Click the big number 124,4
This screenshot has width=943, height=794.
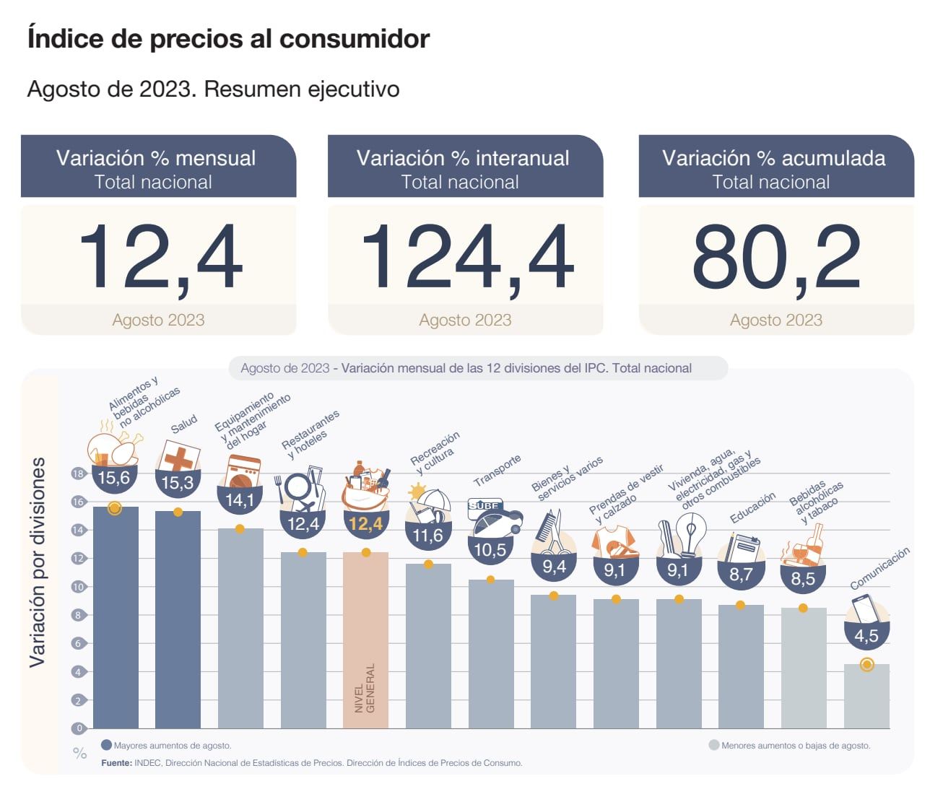click(466, 258)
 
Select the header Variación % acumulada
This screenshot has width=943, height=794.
click(773, 158)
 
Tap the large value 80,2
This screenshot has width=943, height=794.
click(776, 258)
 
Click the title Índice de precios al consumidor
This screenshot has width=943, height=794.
click(228, 38)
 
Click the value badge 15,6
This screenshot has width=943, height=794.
click(114, 478)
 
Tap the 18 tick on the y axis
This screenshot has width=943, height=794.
click(78, 474)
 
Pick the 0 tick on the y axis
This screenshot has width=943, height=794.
click(79, 728)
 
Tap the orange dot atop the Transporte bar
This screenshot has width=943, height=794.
click(490, 580)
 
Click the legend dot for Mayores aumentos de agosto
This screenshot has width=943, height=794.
click(107, 746)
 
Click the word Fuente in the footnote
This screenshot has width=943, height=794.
click(116, 763)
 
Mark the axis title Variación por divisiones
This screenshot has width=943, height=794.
click(38, 562)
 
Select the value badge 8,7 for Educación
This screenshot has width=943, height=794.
click(741, 575)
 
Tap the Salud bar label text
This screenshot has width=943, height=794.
click(184, 424)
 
